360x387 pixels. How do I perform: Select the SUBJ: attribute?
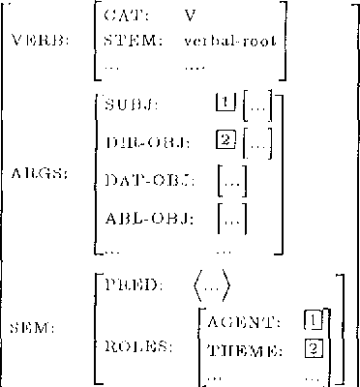(131, 102)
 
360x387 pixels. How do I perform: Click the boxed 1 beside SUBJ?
(225, 101)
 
